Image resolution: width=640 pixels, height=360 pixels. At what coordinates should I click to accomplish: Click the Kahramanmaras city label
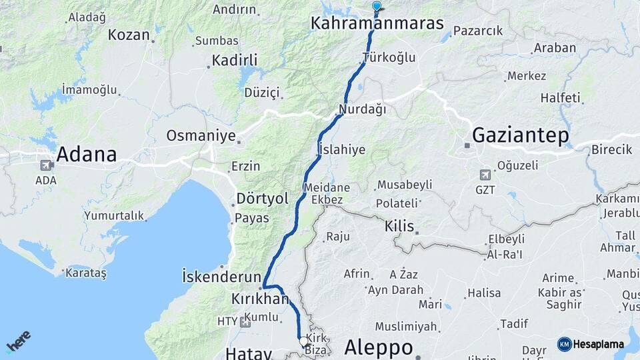click(377, 23)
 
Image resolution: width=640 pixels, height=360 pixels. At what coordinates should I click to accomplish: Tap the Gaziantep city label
click(520, 136)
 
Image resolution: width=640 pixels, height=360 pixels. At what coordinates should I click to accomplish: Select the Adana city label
click(86, 155)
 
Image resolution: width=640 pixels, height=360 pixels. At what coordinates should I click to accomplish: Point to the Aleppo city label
click(379, 347)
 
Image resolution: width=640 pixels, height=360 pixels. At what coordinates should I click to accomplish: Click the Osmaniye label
click(201, 136)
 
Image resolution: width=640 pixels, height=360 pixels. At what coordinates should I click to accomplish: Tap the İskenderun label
click(221, 275)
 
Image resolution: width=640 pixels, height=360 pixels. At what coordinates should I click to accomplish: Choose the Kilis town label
click(399, 226)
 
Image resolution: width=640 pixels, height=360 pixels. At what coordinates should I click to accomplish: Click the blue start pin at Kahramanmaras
click(377, 7)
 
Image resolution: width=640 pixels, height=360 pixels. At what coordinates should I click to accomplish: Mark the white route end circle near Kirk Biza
click(304, 341)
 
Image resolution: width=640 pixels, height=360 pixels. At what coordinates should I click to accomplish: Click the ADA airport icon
click(47, 165)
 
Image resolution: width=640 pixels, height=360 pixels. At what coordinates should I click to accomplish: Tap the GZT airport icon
click(485, 175)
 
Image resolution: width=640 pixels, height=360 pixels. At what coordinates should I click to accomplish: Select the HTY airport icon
click(245, 322)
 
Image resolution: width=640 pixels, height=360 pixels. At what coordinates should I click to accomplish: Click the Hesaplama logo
click(591, 344)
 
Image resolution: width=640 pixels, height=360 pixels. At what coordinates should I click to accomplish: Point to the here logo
click(18, 341)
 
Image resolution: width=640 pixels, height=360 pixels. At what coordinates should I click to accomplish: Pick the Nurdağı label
click(362, 109)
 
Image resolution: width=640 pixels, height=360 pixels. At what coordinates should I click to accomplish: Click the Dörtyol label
click(262, 199)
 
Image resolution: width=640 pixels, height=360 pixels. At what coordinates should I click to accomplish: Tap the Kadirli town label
click(234, 61)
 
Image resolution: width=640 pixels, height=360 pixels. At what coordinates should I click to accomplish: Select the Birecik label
click(611, 149)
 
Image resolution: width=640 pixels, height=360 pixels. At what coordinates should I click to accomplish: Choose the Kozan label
click(129, 35)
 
